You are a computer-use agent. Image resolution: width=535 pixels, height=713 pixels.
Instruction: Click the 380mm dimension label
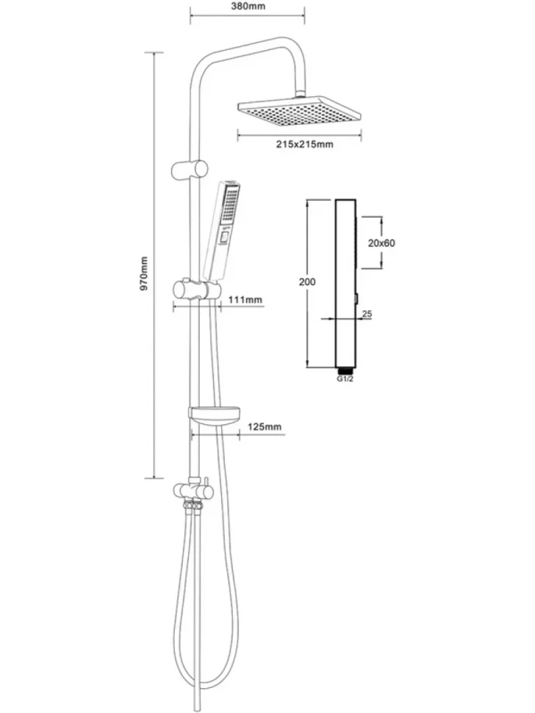(248, 7)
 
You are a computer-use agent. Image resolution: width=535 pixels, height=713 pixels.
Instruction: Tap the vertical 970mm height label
(144, 273)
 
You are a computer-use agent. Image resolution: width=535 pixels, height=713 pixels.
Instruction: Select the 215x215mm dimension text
(304, 144)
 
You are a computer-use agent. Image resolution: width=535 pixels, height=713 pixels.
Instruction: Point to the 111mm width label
(245, 300)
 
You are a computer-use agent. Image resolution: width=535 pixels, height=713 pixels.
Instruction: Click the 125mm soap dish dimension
(265, 426)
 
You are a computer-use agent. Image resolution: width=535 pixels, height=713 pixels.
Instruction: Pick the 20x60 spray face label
(381, 243)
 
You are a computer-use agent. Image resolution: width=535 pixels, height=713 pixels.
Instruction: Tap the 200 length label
(307, 282)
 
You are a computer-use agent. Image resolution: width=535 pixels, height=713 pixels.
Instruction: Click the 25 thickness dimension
(367, 314)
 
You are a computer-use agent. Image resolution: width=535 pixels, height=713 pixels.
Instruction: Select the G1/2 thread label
(345, 379)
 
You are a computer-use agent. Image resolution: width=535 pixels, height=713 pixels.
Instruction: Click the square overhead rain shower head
(299, 111)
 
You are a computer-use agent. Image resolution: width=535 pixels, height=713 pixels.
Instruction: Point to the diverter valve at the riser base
(193, 491)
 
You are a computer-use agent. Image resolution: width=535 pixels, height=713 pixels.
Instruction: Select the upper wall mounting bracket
(190, 170)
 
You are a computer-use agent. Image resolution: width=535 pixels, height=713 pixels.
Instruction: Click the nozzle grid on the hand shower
(229, 204)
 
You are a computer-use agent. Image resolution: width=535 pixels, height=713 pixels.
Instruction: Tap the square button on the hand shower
(224, 237)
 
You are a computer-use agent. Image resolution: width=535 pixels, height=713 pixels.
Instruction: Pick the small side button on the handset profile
(357, 298)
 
